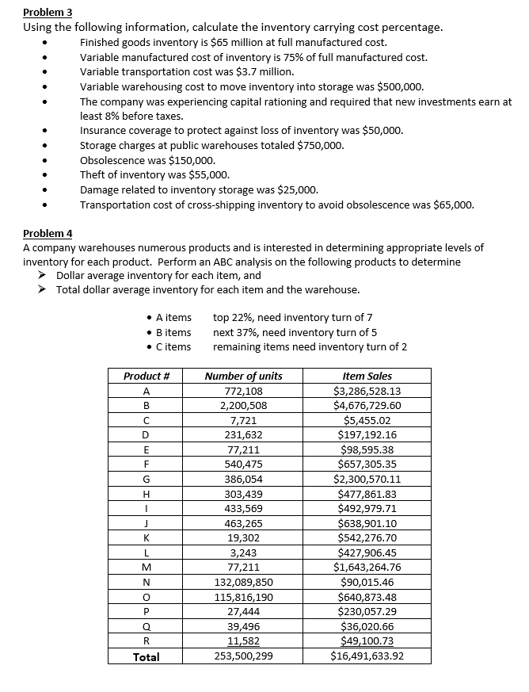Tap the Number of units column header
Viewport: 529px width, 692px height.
coord(243,376)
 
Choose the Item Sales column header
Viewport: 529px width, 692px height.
coord(367,376)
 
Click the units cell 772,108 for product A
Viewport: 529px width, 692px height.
coord(243,391)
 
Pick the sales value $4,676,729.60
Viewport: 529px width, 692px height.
coord(367,405)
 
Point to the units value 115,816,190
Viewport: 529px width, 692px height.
coord(243,597)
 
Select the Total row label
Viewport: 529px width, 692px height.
coord(146,656)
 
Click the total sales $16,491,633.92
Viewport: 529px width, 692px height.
coord(367,656)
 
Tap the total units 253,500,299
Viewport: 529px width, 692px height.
coord(243,656)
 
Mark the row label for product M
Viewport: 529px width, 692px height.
coord(146,567)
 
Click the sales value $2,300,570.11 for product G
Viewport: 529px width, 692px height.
coord(367,479)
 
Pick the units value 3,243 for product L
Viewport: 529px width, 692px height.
coord(243,552)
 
